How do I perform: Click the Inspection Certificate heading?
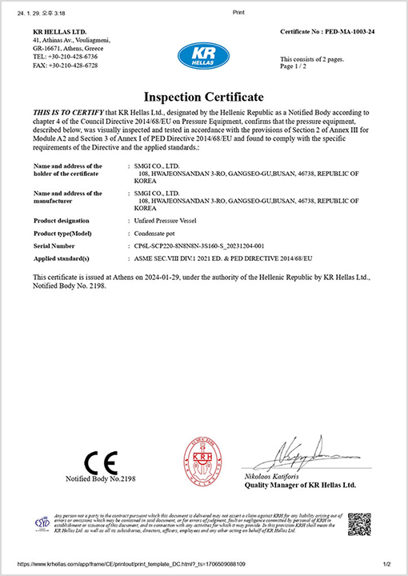click(x=204, y=97)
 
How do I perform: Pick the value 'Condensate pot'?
click(x=158, y=232)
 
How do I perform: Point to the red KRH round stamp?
click(x=204, y=461)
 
